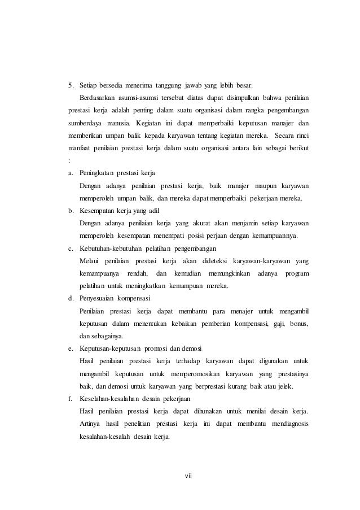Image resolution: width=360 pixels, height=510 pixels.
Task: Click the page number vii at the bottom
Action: click(x=188, y=474)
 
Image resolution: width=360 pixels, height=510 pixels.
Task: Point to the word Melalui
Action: click(x=93, y=261)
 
